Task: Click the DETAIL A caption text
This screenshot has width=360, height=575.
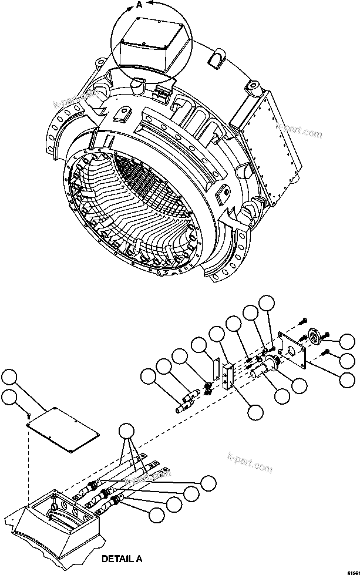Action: [x=122, y=559]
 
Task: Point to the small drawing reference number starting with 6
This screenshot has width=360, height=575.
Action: [x=351, y=570]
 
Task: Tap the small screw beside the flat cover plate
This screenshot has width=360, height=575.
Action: [x=28, y=415]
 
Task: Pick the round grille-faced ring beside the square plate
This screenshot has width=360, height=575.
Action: [x=315, y=336]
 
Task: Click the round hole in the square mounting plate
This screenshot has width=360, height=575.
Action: [x=291, y=351]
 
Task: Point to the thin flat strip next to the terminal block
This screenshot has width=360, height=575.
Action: [x=215, y=368]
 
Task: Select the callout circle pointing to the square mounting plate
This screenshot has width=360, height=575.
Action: [x=348, y=379]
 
